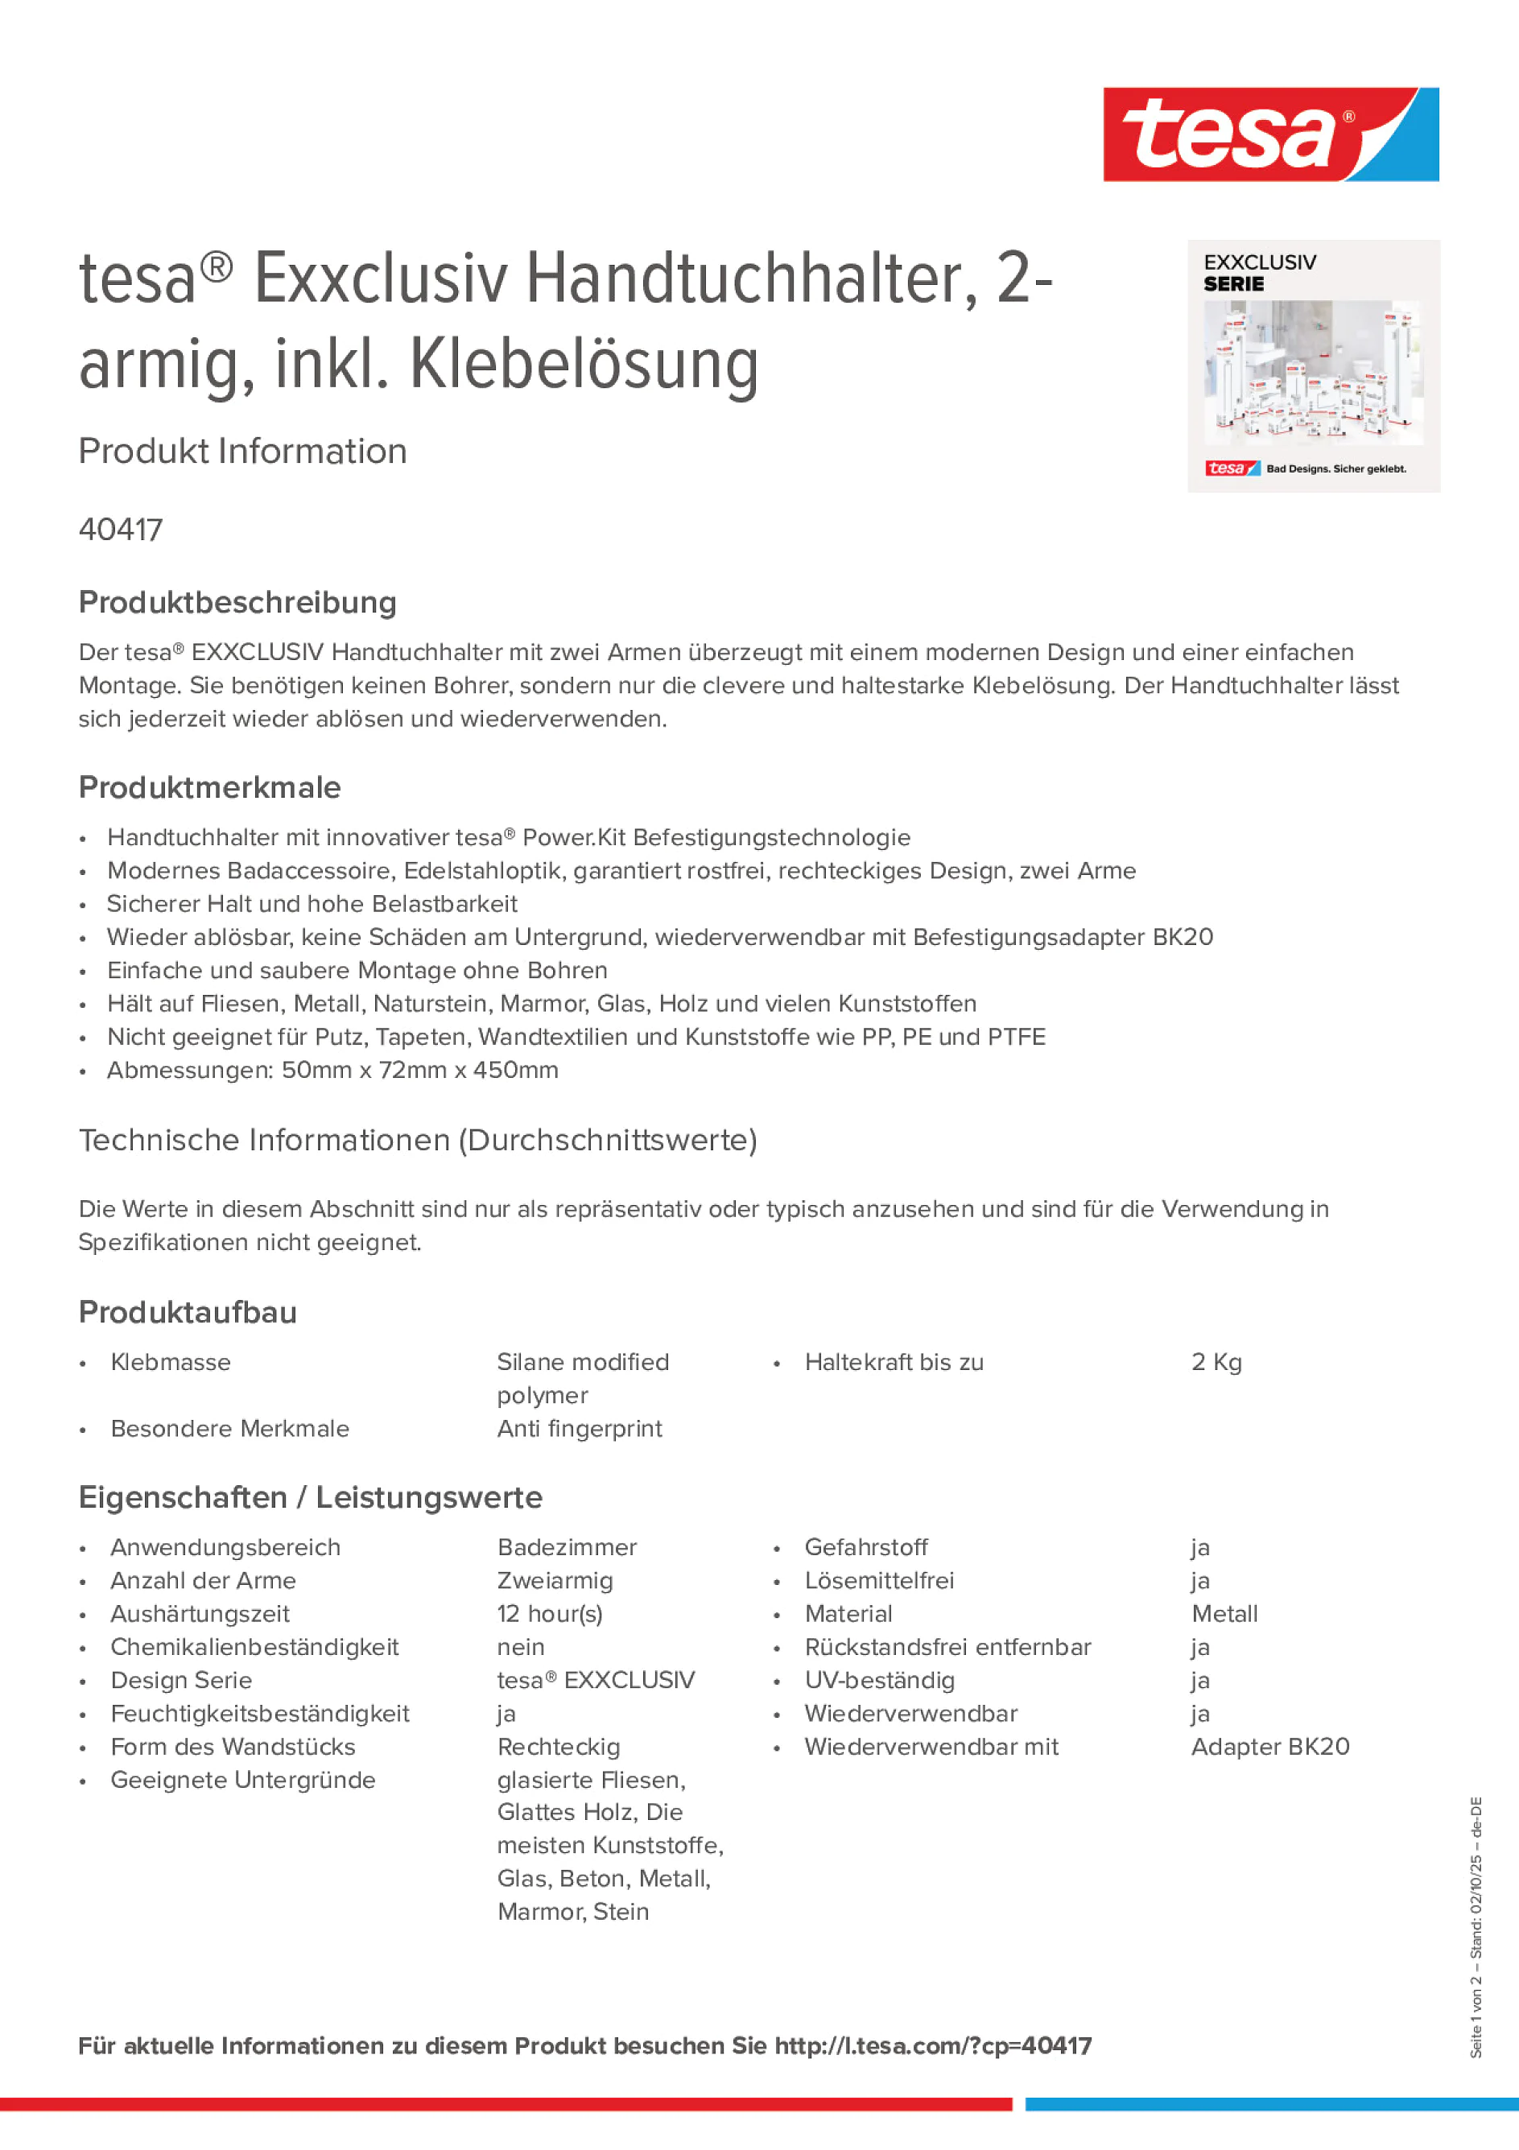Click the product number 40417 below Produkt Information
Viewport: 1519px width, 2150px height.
coord(121,530)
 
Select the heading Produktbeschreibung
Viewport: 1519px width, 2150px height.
coord(237,602)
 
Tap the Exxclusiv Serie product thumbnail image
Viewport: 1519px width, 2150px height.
coord(1313,366)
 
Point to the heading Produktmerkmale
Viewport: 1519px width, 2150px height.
coord(210,787)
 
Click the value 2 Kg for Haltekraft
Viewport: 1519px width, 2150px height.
coord(1216,1363)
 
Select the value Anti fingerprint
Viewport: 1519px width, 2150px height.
coord(580,1429)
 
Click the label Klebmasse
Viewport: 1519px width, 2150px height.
coord(171,1363)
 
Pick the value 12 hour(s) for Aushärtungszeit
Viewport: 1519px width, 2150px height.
coord(550,1615)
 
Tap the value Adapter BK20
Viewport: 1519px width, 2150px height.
coord(1270,1748)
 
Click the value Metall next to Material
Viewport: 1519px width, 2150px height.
coord(1224,1615)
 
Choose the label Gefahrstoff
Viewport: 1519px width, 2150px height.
coord(865,1548)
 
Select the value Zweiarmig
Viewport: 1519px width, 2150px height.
coord(555,1582)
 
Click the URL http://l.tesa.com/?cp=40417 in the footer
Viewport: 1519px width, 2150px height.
coord(933,2046)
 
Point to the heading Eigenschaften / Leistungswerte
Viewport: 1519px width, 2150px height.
coord(310,1497)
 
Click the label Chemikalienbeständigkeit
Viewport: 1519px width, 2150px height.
coord(254,1648)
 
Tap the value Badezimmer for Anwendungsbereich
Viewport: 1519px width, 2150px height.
coord(567,1548)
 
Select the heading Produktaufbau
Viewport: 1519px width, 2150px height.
coord(188,1313)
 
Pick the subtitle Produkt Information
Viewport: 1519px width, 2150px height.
coord(242,452)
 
